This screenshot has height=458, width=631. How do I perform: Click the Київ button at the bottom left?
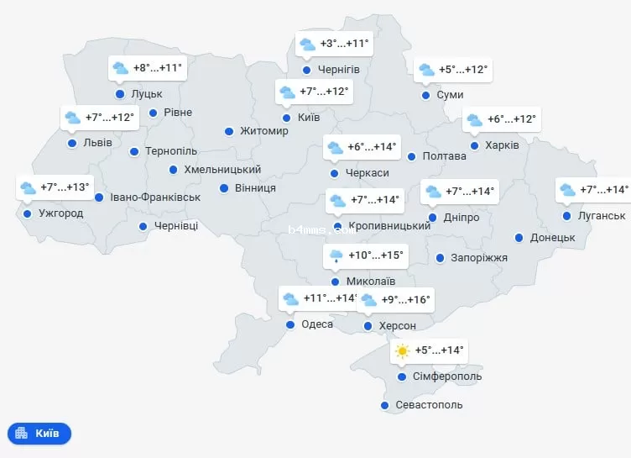(x=39, y=434)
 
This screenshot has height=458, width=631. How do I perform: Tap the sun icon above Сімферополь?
(x=403, y=350)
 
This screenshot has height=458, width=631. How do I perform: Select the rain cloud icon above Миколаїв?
(x=336, y=255)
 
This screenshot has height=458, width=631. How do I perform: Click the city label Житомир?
(x=263, y=131)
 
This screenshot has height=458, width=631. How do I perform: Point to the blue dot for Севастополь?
(x=385, y=405)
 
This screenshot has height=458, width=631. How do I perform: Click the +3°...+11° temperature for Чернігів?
(x=344, y=43)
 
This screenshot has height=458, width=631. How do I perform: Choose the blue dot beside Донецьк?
(x=520, y=238)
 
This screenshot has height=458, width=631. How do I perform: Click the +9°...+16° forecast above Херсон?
(x=405, y=299)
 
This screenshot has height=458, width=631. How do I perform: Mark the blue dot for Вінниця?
(x=225, y=187)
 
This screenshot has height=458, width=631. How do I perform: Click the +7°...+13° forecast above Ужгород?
(x=65, y=187)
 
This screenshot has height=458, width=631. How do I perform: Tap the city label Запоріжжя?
(x=479, y=257)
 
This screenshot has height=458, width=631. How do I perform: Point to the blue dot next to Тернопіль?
(x=134, y=151)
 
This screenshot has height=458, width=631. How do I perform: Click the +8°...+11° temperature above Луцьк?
(x=158, y=67)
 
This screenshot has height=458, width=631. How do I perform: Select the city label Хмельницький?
(x=222, y=170)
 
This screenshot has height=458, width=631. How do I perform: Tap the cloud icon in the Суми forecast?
(x=426, y=70)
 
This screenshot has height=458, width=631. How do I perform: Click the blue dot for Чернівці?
(x=143, y=226)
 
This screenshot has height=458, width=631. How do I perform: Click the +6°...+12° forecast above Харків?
(x=511, y=119)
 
